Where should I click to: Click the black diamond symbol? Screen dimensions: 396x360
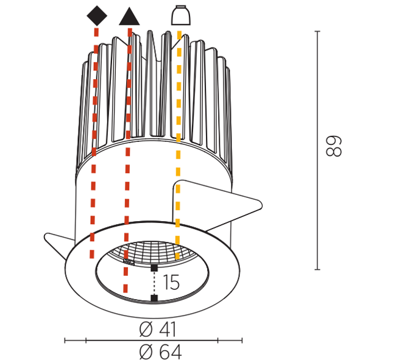(x=97, y=16)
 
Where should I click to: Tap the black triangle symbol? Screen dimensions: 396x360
(x=129, y=16)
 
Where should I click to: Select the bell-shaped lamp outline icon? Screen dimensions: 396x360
(x=181, y=15)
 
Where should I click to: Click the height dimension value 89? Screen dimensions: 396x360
(x=334, y=146)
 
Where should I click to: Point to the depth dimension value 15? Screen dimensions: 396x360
(x=171, y=282)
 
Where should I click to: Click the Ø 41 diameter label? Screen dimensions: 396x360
(x=157, y=330)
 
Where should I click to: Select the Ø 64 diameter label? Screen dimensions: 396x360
(x=160, y=351)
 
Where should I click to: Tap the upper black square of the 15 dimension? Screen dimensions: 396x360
(x=154, y=268)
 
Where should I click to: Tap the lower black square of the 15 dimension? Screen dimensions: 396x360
(x=154, y=298)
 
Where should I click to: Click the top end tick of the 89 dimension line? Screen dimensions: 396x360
(x=317, y=31)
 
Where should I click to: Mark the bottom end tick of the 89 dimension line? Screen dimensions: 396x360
(x=317, y=270)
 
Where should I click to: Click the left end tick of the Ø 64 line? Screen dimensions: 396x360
(x=65, y=341)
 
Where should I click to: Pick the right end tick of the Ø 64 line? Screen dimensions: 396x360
(x=242, y=341)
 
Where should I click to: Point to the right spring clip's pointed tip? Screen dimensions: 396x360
(x=261, y=205)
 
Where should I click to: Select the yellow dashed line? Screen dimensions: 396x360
(x=179, y=145)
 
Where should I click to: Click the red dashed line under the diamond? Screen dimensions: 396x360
(x=94, y=143)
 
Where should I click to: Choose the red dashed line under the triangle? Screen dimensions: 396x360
(x=127, y=160)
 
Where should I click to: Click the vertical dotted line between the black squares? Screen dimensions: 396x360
(x=154, y=283)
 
